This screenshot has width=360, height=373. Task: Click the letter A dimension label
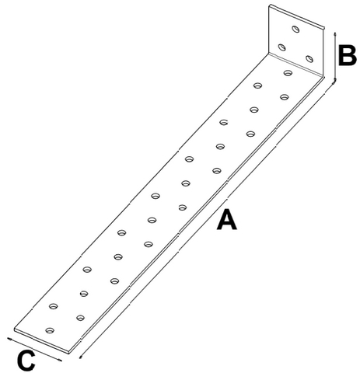(x=227, y=220)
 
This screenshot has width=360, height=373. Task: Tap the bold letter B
(x=348, y=55)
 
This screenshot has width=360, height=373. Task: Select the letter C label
(x=26, y=361)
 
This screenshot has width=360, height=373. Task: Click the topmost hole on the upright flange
(x=295, y=29)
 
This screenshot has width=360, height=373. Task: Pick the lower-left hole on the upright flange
(x=281, y=47)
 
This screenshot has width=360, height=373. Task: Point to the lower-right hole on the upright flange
(x=309, y=59)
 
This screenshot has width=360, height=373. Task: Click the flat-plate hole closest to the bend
(x=288, y=73)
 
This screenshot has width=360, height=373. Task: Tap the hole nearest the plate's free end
(x=50, y=330)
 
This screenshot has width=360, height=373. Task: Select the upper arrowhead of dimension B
(x=335, y=34)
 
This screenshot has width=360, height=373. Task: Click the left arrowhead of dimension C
(x=9, y=339)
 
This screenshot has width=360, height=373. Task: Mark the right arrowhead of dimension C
(x=60, y=360)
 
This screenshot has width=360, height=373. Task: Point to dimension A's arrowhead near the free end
(x=81, y=357)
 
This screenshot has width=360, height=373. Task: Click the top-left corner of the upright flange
(x=270, y=5)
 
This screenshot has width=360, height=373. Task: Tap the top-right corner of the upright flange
(x=324, y=26)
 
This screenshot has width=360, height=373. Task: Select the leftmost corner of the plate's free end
(x=14, y=329)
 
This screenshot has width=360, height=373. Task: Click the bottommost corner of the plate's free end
(x=69, y=354)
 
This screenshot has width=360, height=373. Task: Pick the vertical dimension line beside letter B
(x=335, y=56)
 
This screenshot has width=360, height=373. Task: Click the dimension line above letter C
(x=35, y=350)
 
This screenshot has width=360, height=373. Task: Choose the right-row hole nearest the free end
(x=80, y=318)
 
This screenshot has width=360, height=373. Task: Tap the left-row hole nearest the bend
(x=257, y=85)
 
